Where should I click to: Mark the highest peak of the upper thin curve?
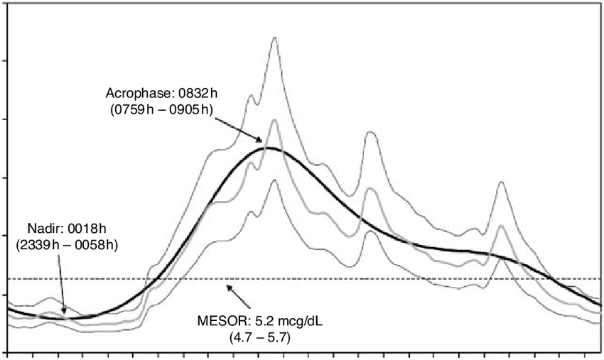tap(274, 38)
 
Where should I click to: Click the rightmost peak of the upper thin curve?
tap(502, 182)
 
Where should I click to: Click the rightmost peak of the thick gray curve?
tap(502, 226)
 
